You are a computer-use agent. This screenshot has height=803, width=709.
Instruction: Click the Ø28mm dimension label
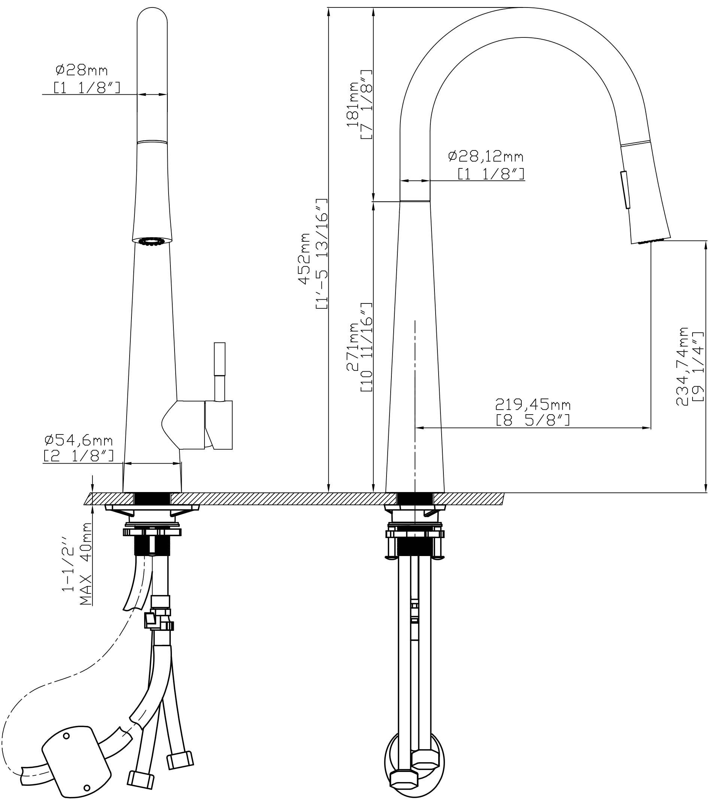(x=81, y=70)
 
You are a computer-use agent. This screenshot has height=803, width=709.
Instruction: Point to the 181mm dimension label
(x=352, y=104)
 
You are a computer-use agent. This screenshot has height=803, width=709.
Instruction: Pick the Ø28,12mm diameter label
(x=486, y=156)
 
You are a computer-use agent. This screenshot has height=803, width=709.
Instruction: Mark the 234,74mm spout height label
(x=682, y=366)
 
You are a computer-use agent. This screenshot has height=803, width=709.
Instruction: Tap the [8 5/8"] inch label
(x=533, y=421)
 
